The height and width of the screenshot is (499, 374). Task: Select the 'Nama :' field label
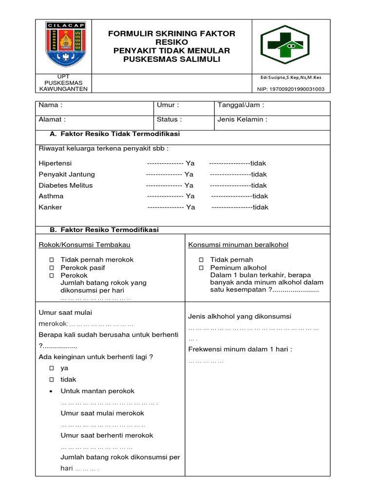[51, 105]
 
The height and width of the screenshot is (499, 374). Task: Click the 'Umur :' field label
[168, 105]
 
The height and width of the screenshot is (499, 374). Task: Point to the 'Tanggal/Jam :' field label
[241, 105]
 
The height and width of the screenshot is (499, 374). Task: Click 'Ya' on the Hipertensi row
[190, 163]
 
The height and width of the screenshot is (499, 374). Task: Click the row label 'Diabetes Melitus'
[65, 185]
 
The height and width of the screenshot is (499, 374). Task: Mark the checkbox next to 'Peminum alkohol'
[201, 268]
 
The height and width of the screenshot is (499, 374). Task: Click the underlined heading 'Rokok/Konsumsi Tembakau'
[84, 245]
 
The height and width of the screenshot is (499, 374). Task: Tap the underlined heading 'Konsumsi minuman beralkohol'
[238, 245]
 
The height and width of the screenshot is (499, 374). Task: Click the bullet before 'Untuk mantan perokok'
[51, 391]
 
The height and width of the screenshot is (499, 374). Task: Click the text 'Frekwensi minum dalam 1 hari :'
[240, 349]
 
